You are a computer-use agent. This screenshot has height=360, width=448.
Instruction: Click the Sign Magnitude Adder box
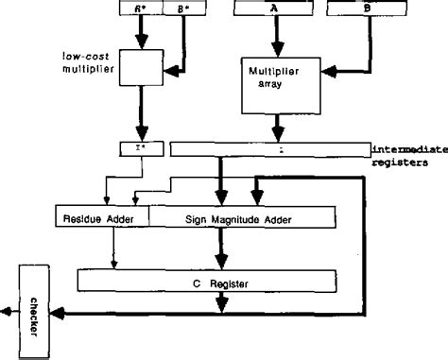click(243, 219)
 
